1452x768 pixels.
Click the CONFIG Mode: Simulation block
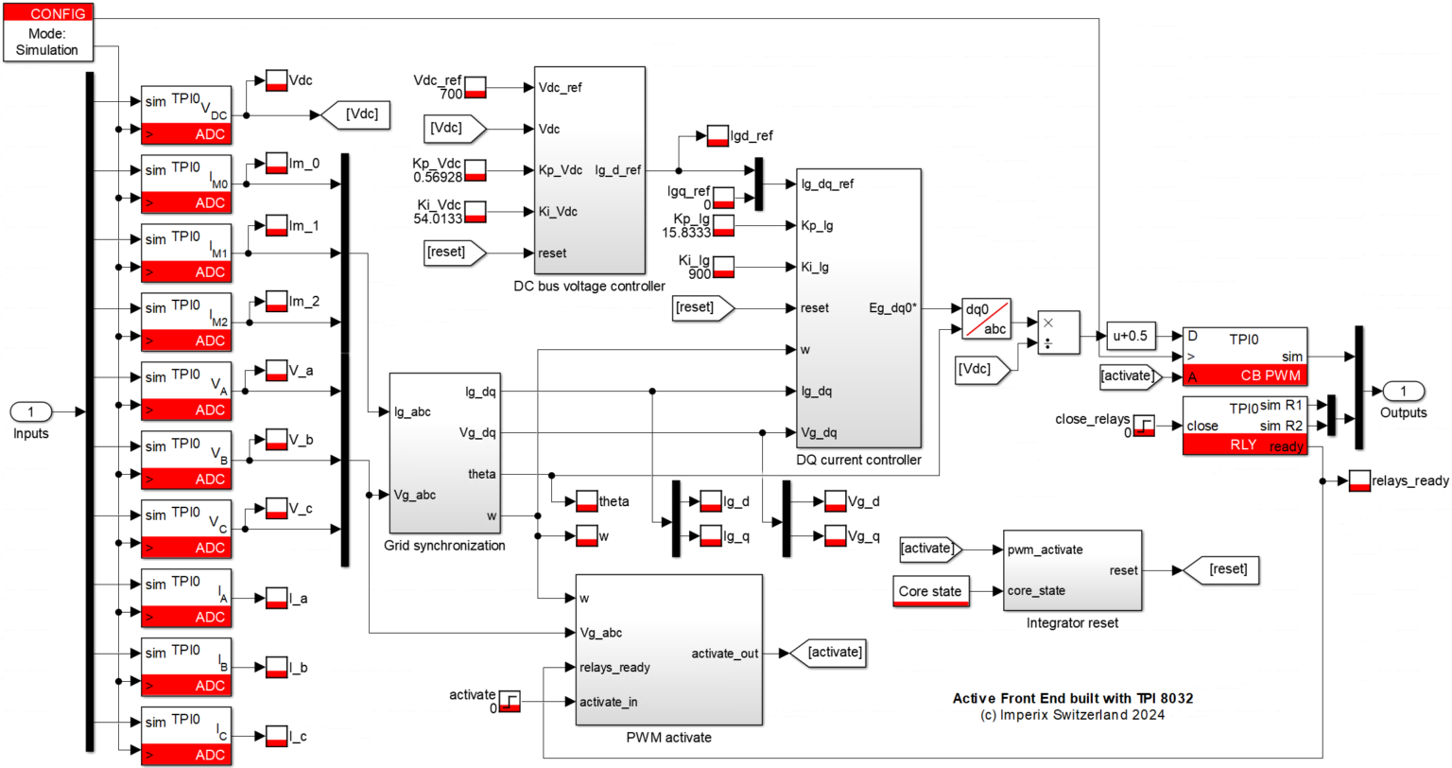46,32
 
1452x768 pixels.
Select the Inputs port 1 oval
30,411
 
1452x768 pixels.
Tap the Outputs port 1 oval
1403,391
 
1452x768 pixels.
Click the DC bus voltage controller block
589,170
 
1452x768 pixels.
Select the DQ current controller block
858,307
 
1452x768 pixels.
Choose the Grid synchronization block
444,453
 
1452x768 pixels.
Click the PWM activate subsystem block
668,650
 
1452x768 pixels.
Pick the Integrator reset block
1072,570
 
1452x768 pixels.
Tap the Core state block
930,591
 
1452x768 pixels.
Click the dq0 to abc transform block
986,319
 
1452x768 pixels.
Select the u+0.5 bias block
1131,336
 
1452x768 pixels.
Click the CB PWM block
1244,357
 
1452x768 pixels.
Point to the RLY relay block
1244,426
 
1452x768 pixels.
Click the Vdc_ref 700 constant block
475,88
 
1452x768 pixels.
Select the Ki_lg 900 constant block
723,267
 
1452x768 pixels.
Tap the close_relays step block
1144,426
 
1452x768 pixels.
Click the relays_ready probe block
1359,480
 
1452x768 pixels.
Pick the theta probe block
586,501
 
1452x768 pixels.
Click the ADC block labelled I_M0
186,184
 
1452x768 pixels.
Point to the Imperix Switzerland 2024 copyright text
1072,715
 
